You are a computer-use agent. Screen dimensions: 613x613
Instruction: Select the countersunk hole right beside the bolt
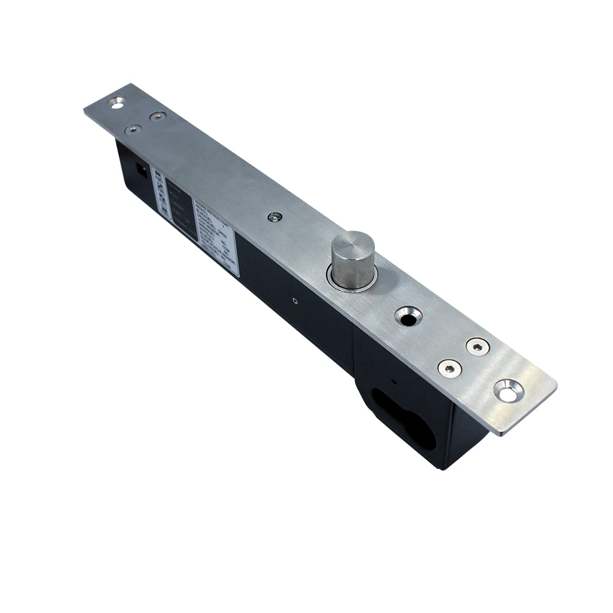tap(408, 316)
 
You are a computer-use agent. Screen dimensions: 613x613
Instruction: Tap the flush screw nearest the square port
tap(132, 129)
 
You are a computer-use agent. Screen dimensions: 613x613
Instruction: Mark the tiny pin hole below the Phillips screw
tap(295, 300)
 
